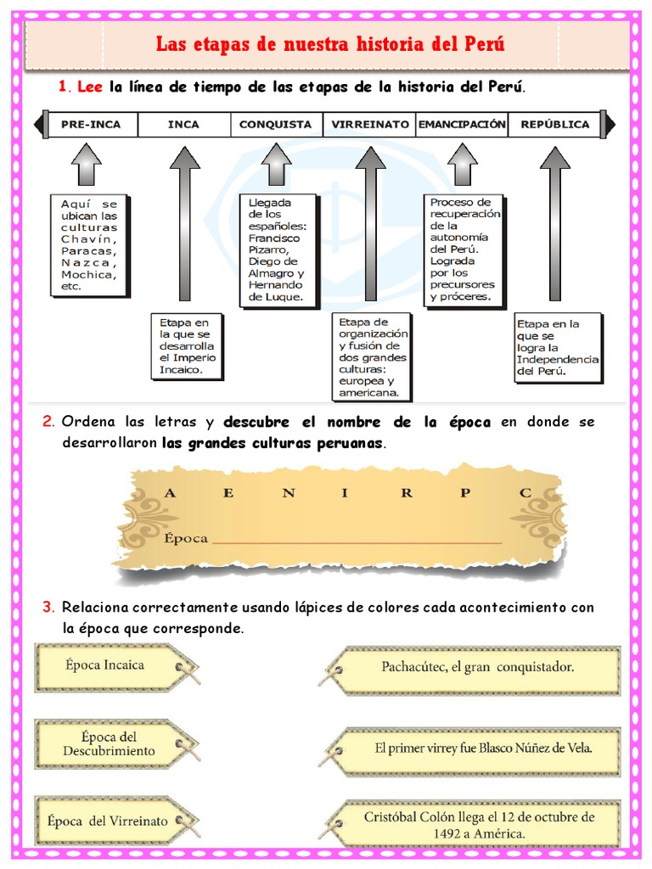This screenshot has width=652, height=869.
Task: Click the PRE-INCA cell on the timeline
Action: coord(91,125)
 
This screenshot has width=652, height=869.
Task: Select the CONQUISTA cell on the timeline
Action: coord(275,125)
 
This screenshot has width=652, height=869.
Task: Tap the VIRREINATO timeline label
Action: coord(368,125)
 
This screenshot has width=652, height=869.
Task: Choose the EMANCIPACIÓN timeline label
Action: coord(461,125)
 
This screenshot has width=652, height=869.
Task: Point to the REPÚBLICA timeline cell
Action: coord(554,125)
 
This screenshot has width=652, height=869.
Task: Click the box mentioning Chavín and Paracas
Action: coord(89,245)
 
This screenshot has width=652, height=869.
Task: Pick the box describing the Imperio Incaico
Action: coord(188,346)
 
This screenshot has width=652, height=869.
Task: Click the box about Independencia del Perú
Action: coord(558,348)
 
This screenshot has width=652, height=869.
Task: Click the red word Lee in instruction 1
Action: coord(89,87)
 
